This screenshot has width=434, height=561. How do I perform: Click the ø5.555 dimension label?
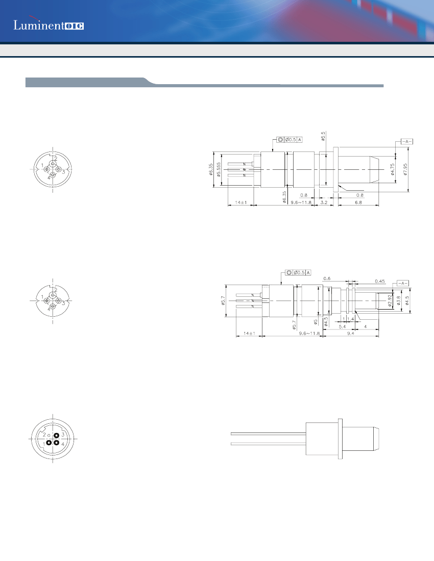219,169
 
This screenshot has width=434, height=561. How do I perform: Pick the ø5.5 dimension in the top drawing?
323,137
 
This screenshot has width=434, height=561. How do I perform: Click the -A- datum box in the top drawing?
406,141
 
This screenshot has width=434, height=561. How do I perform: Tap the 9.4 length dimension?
351,333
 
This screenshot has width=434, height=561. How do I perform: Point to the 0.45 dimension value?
379,281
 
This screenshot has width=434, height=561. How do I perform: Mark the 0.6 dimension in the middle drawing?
327,278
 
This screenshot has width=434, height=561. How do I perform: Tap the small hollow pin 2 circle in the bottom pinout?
49,435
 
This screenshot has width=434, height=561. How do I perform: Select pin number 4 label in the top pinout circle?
49,177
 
